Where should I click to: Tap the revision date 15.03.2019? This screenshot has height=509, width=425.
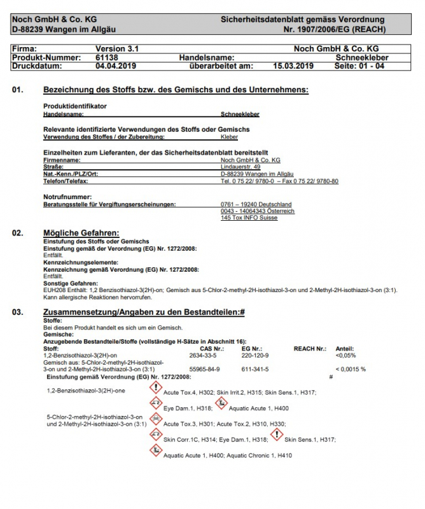click(293, 66)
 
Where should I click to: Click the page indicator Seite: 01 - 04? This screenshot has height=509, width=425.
click(359, 66)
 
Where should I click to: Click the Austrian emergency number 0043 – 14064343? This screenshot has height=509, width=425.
click(257, 211)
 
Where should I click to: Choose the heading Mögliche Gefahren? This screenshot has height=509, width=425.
click(81, 233)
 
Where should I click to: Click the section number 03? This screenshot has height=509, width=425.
click(18, 312)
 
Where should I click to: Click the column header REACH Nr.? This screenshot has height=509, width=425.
click(310, 349)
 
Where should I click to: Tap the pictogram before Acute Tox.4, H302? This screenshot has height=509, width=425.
click(155, 389)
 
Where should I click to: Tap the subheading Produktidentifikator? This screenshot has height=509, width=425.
click(74, 106)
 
